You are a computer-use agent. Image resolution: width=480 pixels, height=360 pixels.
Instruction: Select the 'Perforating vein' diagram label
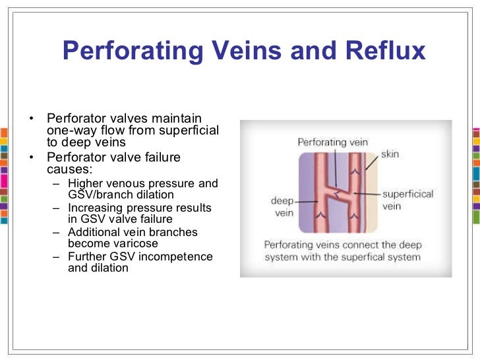[x=332, y=141]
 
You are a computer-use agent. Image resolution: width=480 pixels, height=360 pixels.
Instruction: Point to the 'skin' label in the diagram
[x=390, y=155]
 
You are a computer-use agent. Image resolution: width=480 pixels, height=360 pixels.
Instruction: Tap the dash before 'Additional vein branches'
[x=55, y=232]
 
